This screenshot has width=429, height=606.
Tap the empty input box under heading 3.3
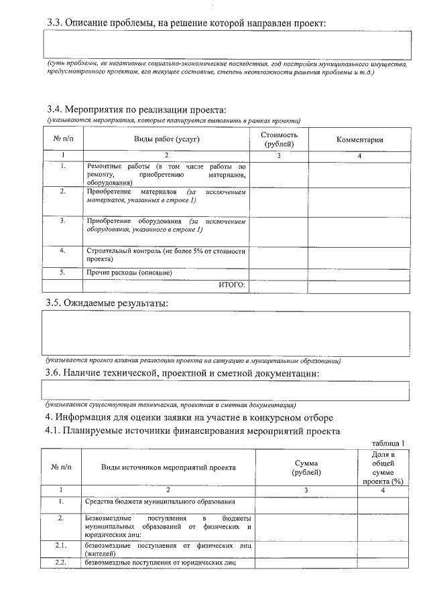pyautogui.click(x=227, y=46)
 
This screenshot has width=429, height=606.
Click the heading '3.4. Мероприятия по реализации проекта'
pyautogui.click(x=136, y=110)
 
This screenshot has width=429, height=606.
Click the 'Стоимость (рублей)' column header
pyautogui.click(x=279, y=139)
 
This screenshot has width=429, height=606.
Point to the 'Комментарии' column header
pyautogui.click(x=359, y=139)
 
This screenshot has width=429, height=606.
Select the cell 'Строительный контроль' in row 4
pyautogui.click(x=166, y=254)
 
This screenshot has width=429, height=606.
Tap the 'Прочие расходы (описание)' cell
pyautogui.click(x=129, y=273)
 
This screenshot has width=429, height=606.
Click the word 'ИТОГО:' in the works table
pyautogui.click(x=232, y=285)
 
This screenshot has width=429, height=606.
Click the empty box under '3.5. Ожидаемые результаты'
pyautogui.click(x=227, y=333)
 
